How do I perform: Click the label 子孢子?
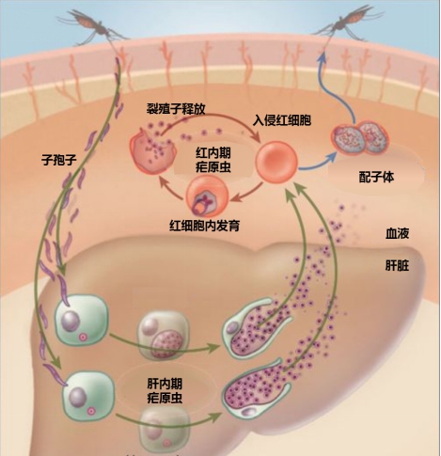[x=59, y=160]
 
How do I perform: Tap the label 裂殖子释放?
[x=176, y=109]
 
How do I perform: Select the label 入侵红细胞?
[x=282, y=120]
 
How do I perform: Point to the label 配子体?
[x=376, y=178]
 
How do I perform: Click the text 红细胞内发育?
[x=204, y=226]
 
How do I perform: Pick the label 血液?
[x=397, y=233]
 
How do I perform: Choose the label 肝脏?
[x=397, y=266]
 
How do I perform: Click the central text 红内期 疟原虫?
[x=213, y=160]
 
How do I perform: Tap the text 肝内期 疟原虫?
[x=165, y=391]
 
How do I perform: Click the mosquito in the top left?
[x=92, y=25]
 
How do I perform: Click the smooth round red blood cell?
[x=276, y=162]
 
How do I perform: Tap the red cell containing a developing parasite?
[x=207, y=197]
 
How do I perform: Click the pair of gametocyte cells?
[x=360, y=137]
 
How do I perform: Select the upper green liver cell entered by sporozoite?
[x=82, y=320]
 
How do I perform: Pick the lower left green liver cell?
[x=88, y=397]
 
